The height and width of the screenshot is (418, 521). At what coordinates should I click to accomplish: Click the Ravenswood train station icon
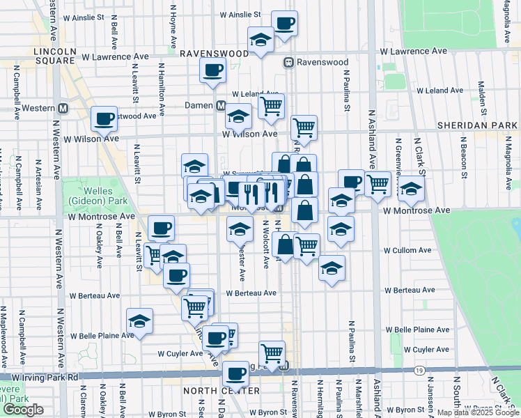pos(287,63)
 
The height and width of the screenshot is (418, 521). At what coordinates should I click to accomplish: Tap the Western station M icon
pos(63,108)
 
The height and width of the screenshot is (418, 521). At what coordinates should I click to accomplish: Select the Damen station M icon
pos(220,106)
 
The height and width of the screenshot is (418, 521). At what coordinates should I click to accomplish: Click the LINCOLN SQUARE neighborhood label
pos(54,56)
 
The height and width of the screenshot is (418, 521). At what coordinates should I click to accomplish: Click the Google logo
pos(24,410)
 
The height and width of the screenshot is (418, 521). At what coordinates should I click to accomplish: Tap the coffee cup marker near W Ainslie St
pos(284,23)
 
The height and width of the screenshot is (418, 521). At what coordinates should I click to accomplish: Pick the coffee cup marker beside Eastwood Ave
pos(104,118)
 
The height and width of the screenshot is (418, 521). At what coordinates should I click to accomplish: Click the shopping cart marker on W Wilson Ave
pos(304,127)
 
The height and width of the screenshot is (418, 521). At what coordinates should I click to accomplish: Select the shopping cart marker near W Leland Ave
pos(271,106)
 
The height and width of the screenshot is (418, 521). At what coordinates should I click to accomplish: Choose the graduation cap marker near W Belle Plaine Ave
pos(139,321)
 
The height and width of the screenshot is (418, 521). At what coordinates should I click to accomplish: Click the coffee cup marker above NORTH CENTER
pos(235,373)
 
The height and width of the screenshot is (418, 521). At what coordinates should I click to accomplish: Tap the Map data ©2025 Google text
pos(478,412)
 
